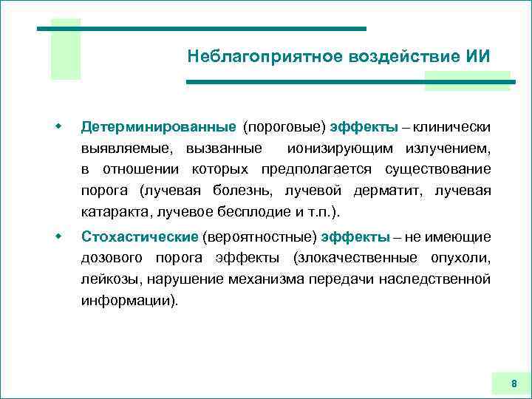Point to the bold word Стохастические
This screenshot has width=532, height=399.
[x=140, y=236]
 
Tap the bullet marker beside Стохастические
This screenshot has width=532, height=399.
[x=57, y=236]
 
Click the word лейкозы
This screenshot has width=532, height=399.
[x=112, y=279]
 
